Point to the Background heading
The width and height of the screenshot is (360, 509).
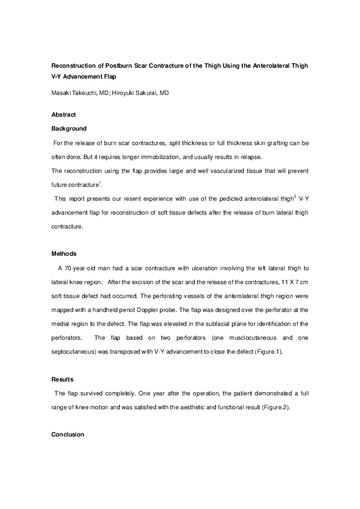(69, 128)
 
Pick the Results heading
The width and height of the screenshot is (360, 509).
(64, 380)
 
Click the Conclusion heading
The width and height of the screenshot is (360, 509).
(68, 435)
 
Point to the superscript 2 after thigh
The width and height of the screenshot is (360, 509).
(278, 195)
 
